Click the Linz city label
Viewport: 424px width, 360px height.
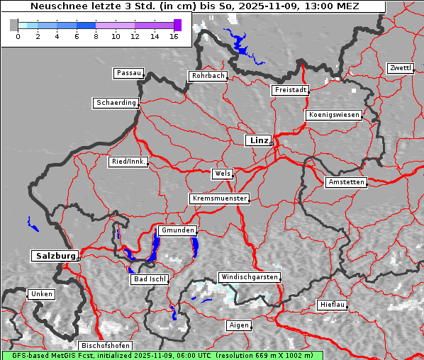(x=258, y=140)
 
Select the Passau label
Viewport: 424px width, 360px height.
(x=128, y=73)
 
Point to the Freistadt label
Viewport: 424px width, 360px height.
(x=291, y=90)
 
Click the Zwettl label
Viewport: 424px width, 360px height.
(x=400, y=68)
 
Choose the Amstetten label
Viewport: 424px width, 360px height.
(x=346, y=182)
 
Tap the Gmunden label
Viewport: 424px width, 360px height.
(x=177, y=230)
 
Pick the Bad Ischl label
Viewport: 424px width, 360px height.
(x=150, y=279)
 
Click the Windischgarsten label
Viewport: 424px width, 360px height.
(x=249, y=277)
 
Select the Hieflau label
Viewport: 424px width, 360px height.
(x=333, y=305)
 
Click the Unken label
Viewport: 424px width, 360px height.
(x=41, y=294)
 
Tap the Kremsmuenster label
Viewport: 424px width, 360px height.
(x=220, y=198)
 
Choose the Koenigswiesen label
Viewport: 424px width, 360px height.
(x=334, y=115)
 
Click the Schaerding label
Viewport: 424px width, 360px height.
(x=116, y=103)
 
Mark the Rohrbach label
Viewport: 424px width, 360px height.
(x=207, y=76)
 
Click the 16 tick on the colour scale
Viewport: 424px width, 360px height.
(x=174, y=35)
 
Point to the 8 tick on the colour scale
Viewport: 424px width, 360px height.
(x=96, y=35)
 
